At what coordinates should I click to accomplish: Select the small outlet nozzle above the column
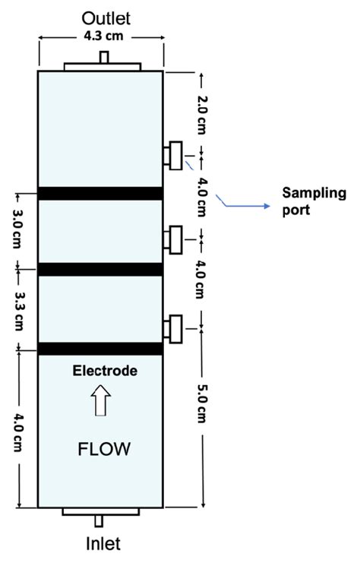point(103,57)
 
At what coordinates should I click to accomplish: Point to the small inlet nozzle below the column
point(99,521)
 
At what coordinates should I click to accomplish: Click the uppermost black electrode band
point(100,193)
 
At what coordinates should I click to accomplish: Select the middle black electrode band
point(100,269)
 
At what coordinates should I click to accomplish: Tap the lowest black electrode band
point(100,349)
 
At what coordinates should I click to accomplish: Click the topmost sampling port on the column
point(174,155)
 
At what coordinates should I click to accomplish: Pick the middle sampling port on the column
point(174,239)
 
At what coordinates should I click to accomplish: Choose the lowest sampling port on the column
point(174,327)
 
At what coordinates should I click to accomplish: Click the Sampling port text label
point(314,201)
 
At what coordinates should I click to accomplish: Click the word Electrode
point(105,372)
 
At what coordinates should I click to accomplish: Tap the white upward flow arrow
point(99,400)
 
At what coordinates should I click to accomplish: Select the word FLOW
point(104,449)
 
